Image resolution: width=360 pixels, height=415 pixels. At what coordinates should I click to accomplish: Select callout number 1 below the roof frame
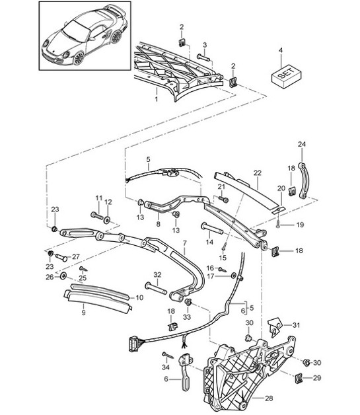coord(155,99)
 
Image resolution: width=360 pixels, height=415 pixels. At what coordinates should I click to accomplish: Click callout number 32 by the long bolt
coord(157,274)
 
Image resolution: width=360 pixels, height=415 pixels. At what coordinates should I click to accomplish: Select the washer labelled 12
coord(108,219)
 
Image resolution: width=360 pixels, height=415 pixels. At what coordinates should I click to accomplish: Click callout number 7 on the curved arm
coord(184,245)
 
